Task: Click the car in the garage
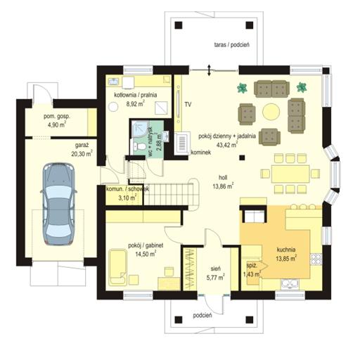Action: click(58, 204)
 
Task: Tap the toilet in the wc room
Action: click(141, 147)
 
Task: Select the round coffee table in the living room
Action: click(271, 112)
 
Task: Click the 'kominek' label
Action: click(201, 153)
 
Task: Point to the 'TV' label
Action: click(188, 105)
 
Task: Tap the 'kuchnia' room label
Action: click(286, 250)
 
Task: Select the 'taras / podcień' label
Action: click(232, 45)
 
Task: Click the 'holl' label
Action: click(223, 178)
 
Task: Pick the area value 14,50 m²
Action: click(146, 254)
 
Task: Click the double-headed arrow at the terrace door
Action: click(209, 70)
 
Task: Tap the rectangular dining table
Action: click(290, 174)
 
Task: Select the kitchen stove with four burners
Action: click(316, 259)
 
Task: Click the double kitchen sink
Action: click(290, 284)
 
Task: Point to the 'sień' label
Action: click(215, 269)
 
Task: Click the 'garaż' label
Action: click(82, 146)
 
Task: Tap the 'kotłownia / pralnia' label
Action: click(136, 95)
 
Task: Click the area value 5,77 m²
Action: click(215, 278)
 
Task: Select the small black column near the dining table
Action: click(242, 157)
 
